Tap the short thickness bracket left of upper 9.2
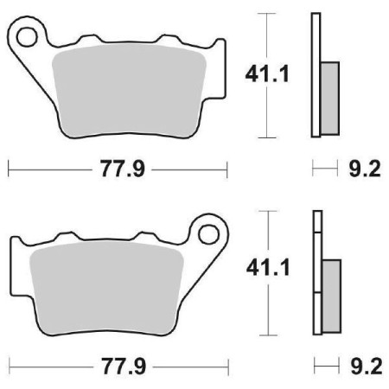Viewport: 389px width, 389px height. click(324, 168)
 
